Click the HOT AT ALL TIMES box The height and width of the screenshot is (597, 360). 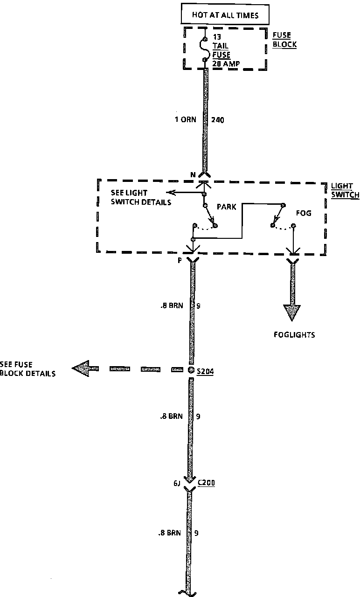pos(225,15)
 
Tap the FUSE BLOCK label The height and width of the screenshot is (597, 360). pos(284,41)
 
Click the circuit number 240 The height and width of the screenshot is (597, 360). pos(218,120)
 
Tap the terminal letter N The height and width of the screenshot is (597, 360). pos(192,175)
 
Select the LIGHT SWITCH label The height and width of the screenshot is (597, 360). pos(345,191)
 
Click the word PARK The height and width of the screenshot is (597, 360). pos(226,207)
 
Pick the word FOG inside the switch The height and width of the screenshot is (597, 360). pos(304,213)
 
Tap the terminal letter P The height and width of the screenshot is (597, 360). pos(179,261)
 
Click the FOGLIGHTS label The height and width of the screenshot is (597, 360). pos(294,334)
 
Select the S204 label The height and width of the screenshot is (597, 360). pos(205,372)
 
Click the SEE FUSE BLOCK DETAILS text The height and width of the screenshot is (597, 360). pos(28,369)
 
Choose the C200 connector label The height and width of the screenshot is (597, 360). pos(206,483)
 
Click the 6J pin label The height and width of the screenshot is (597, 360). pos(177,484)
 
